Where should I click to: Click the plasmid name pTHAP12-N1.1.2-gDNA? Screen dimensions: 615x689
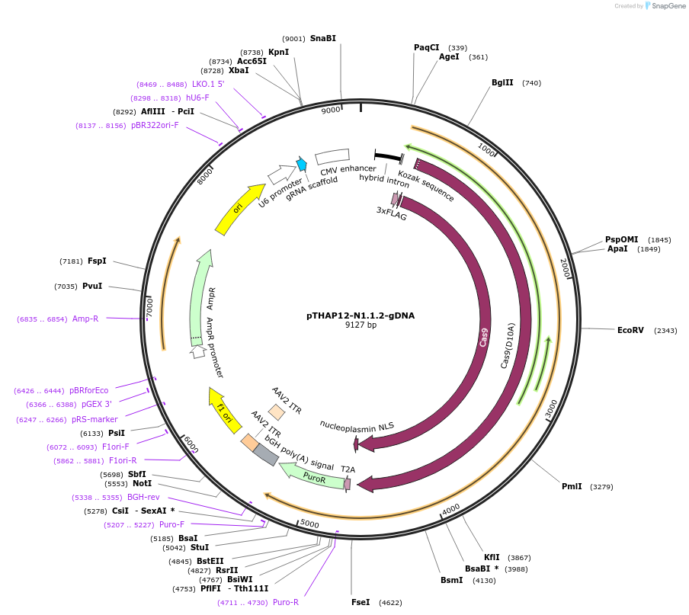point(361,315)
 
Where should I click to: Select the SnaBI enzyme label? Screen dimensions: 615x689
point(322,38)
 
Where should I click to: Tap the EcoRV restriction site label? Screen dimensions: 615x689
point(630,330)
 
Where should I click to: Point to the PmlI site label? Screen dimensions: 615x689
point(572,486)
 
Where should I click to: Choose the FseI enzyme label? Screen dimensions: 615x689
point(361,602)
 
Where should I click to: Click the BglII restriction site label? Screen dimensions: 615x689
point(502,82)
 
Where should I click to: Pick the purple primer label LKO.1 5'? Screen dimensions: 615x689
point(208,84)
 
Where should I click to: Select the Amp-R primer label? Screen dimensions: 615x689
point(85,319)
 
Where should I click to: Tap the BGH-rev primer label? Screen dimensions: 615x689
point(143,497)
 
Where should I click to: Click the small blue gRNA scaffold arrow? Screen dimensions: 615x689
point(302,164)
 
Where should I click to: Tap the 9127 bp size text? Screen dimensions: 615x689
point(361,325)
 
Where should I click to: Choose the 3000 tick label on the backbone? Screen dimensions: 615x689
point(551,409)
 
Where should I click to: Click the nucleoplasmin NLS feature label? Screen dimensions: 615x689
point(357,425)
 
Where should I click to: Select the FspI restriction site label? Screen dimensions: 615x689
point(97,261)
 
